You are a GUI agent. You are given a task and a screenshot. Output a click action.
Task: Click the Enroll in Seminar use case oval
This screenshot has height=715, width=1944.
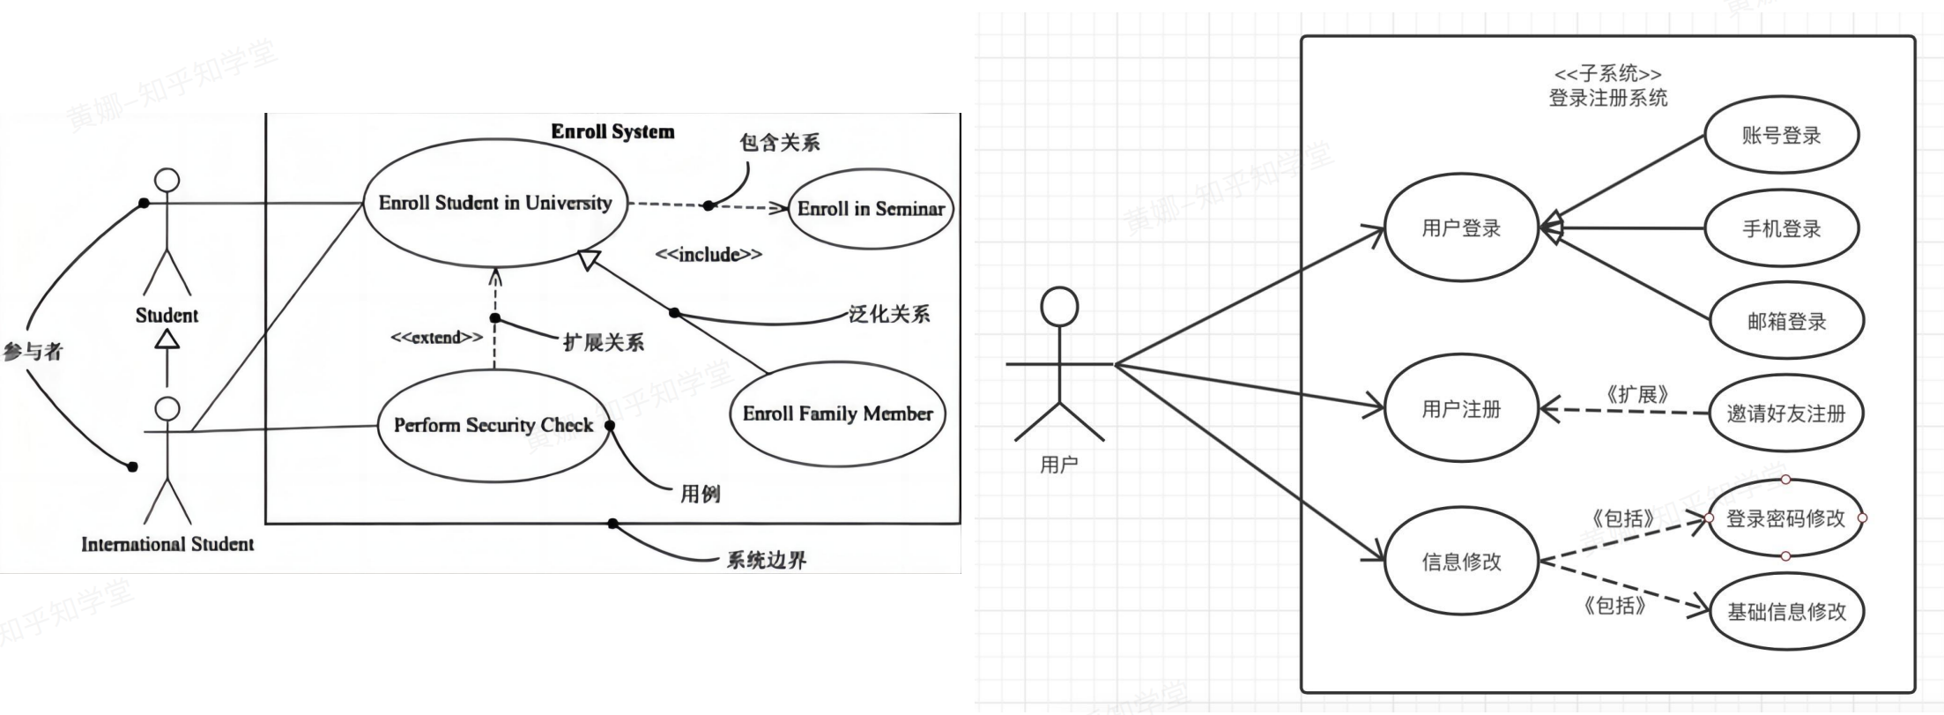(870, 209)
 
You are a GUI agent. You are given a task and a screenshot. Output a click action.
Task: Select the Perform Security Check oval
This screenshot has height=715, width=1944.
(493, 426)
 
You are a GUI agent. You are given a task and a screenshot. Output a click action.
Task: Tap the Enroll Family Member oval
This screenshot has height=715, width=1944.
(837, 413)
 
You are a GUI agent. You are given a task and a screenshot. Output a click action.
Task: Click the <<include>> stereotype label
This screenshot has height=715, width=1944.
(709, 255)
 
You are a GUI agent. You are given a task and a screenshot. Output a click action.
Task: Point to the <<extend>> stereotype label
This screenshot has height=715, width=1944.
(436, 338)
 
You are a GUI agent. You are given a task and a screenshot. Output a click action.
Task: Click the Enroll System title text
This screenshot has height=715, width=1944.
(612, 132)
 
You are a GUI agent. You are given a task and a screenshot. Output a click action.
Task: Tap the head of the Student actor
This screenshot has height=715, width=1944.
(167, 181)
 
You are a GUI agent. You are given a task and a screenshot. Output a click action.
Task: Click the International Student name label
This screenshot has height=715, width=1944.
(167, 545)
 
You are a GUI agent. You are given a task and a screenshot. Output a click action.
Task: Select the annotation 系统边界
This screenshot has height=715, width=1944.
(766, 561)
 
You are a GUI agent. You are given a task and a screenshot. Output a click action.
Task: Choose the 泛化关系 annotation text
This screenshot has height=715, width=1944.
(888, 315)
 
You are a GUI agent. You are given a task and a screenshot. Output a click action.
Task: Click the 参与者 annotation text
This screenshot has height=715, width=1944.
(33, 352)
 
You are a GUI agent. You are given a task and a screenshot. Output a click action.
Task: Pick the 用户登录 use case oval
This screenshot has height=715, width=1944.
(1460, 228)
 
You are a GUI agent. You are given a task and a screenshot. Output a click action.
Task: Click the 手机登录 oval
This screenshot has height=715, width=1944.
(1781, 229)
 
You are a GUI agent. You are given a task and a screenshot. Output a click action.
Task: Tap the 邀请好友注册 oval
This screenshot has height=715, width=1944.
(1785, 413)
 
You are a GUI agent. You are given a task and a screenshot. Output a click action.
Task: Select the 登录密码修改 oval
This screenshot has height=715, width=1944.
(1784, 518)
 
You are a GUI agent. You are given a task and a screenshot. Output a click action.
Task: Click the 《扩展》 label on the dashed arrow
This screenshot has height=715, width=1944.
(1636, 395)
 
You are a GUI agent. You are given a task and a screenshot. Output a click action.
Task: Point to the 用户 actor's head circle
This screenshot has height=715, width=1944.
(1058, 307)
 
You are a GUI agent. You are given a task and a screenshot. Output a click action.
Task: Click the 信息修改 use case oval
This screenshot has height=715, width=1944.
(1460, 562)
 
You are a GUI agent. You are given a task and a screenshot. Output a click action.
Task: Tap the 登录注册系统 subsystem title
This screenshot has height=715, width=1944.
(1607, 98)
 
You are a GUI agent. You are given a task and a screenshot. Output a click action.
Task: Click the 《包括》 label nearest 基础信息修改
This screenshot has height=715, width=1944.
(1614, 606)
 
